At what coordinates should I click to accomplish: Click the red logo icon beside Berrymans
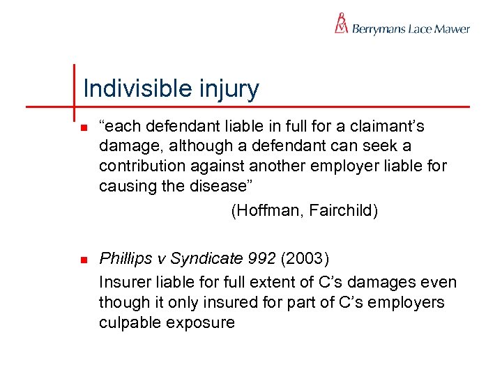[341, 24]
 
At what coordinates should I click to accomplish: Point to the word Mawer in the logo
[452, 29]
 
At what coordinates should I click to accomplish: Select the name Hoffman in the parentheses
[263, 210]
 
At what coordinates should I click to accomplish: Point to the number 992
[262, 260]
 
